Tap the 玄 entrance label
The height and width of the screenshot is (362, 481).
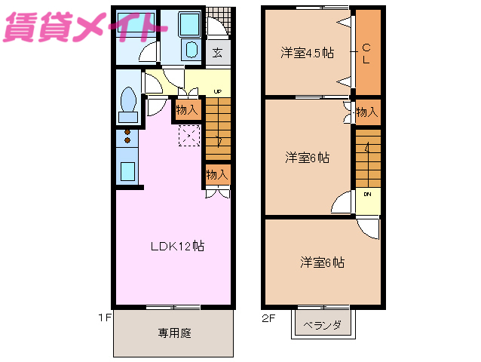click(217, 53)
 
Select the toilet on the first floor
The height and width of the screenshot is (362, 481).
click(128, 103)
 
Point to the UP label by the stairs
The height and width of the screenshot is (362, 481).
click(217, 91)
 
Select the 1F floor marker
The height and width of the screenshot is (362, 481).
click(104, 318)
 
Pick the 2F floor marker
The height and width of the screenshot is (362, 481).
click(268, 318)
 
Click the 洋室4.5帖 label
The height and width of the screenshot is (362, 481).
click(308, 53)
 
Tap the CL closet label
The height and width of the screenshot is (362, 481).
click(366, 54)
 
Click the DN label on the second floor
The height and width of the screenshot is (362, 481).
click(368, 194)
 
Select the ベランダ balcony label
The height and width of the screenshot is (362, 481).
click(323, 326)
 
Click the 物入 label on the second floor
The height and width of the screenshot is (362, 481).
click(366, 112)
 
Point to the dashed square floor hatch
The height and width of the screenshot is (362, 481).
click(188, 136)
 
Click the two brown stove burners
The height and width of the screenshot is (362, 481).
click(127, 136)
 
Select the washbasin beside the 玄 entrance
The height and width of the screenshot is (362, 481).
click(189, 51)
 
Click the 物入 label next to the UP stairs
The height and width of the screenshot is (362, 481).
click(187, 110)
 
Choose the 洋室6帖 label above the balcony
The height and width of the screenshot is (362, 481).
click(323, 262)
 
